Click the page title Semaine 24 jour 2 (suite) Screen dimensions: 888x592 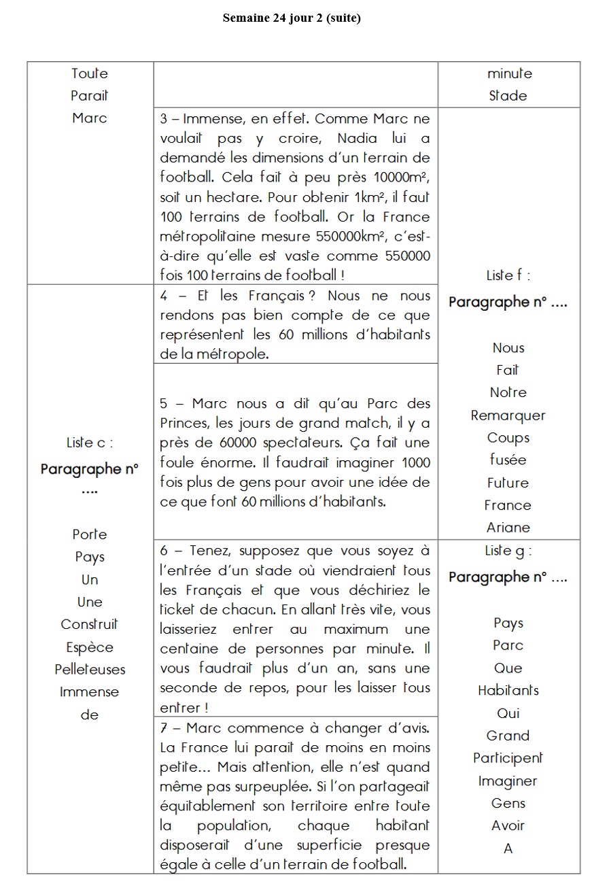(292, 18)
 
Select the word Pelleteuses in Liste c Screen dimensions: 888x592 (90, 669)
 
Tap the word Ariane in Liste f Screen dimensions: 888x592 (508, 528)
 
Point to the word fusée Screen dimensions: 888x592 (508, 460)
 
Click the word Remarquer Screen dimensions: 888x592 (508, 415)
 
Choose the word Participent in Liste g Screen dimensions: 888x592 (508, 757)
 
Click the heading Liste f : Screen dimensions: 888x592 (508, 275)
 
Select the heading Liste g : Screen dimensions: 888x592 (508, 551)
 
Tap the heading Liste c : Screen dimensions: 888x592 (90, 443)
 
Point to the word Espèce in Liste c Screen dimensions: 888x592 (90, 647)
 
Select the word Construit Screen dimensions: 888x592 (90, 624)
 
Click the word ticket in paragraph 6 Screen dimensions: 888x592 (177, 610)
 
